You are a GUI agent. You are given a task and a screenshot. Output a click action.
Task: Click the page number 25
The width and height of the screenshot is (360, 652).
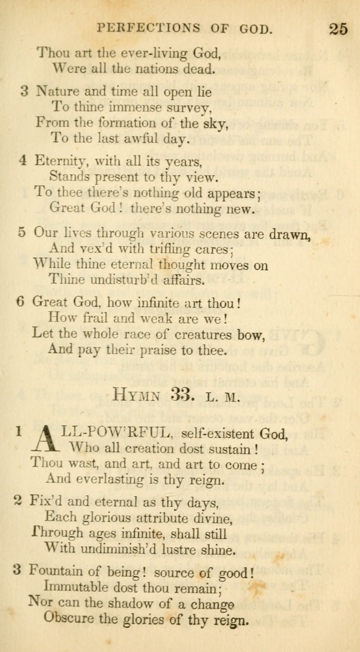[339, 28]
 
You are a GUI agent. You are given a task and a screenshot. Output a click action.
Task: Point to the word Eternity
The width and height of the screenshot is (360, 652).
[61, 161]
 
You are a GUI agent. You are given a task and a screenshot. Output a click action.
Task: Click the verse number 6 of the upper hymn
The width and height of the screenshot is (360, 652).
[20, 302]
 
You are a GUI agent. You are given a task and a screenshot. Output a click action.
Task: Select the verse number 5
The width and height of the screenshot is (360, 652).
[21, 232]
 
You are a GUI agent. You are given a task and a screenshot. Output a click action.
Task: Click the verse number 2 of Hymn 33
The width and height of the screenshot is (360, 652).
[17, 501]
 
